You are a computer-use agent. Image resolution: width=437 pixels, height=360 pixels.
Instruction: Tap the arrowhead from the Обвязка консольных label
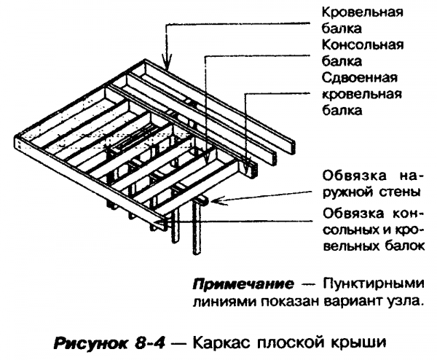click(x=198, y=213)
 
